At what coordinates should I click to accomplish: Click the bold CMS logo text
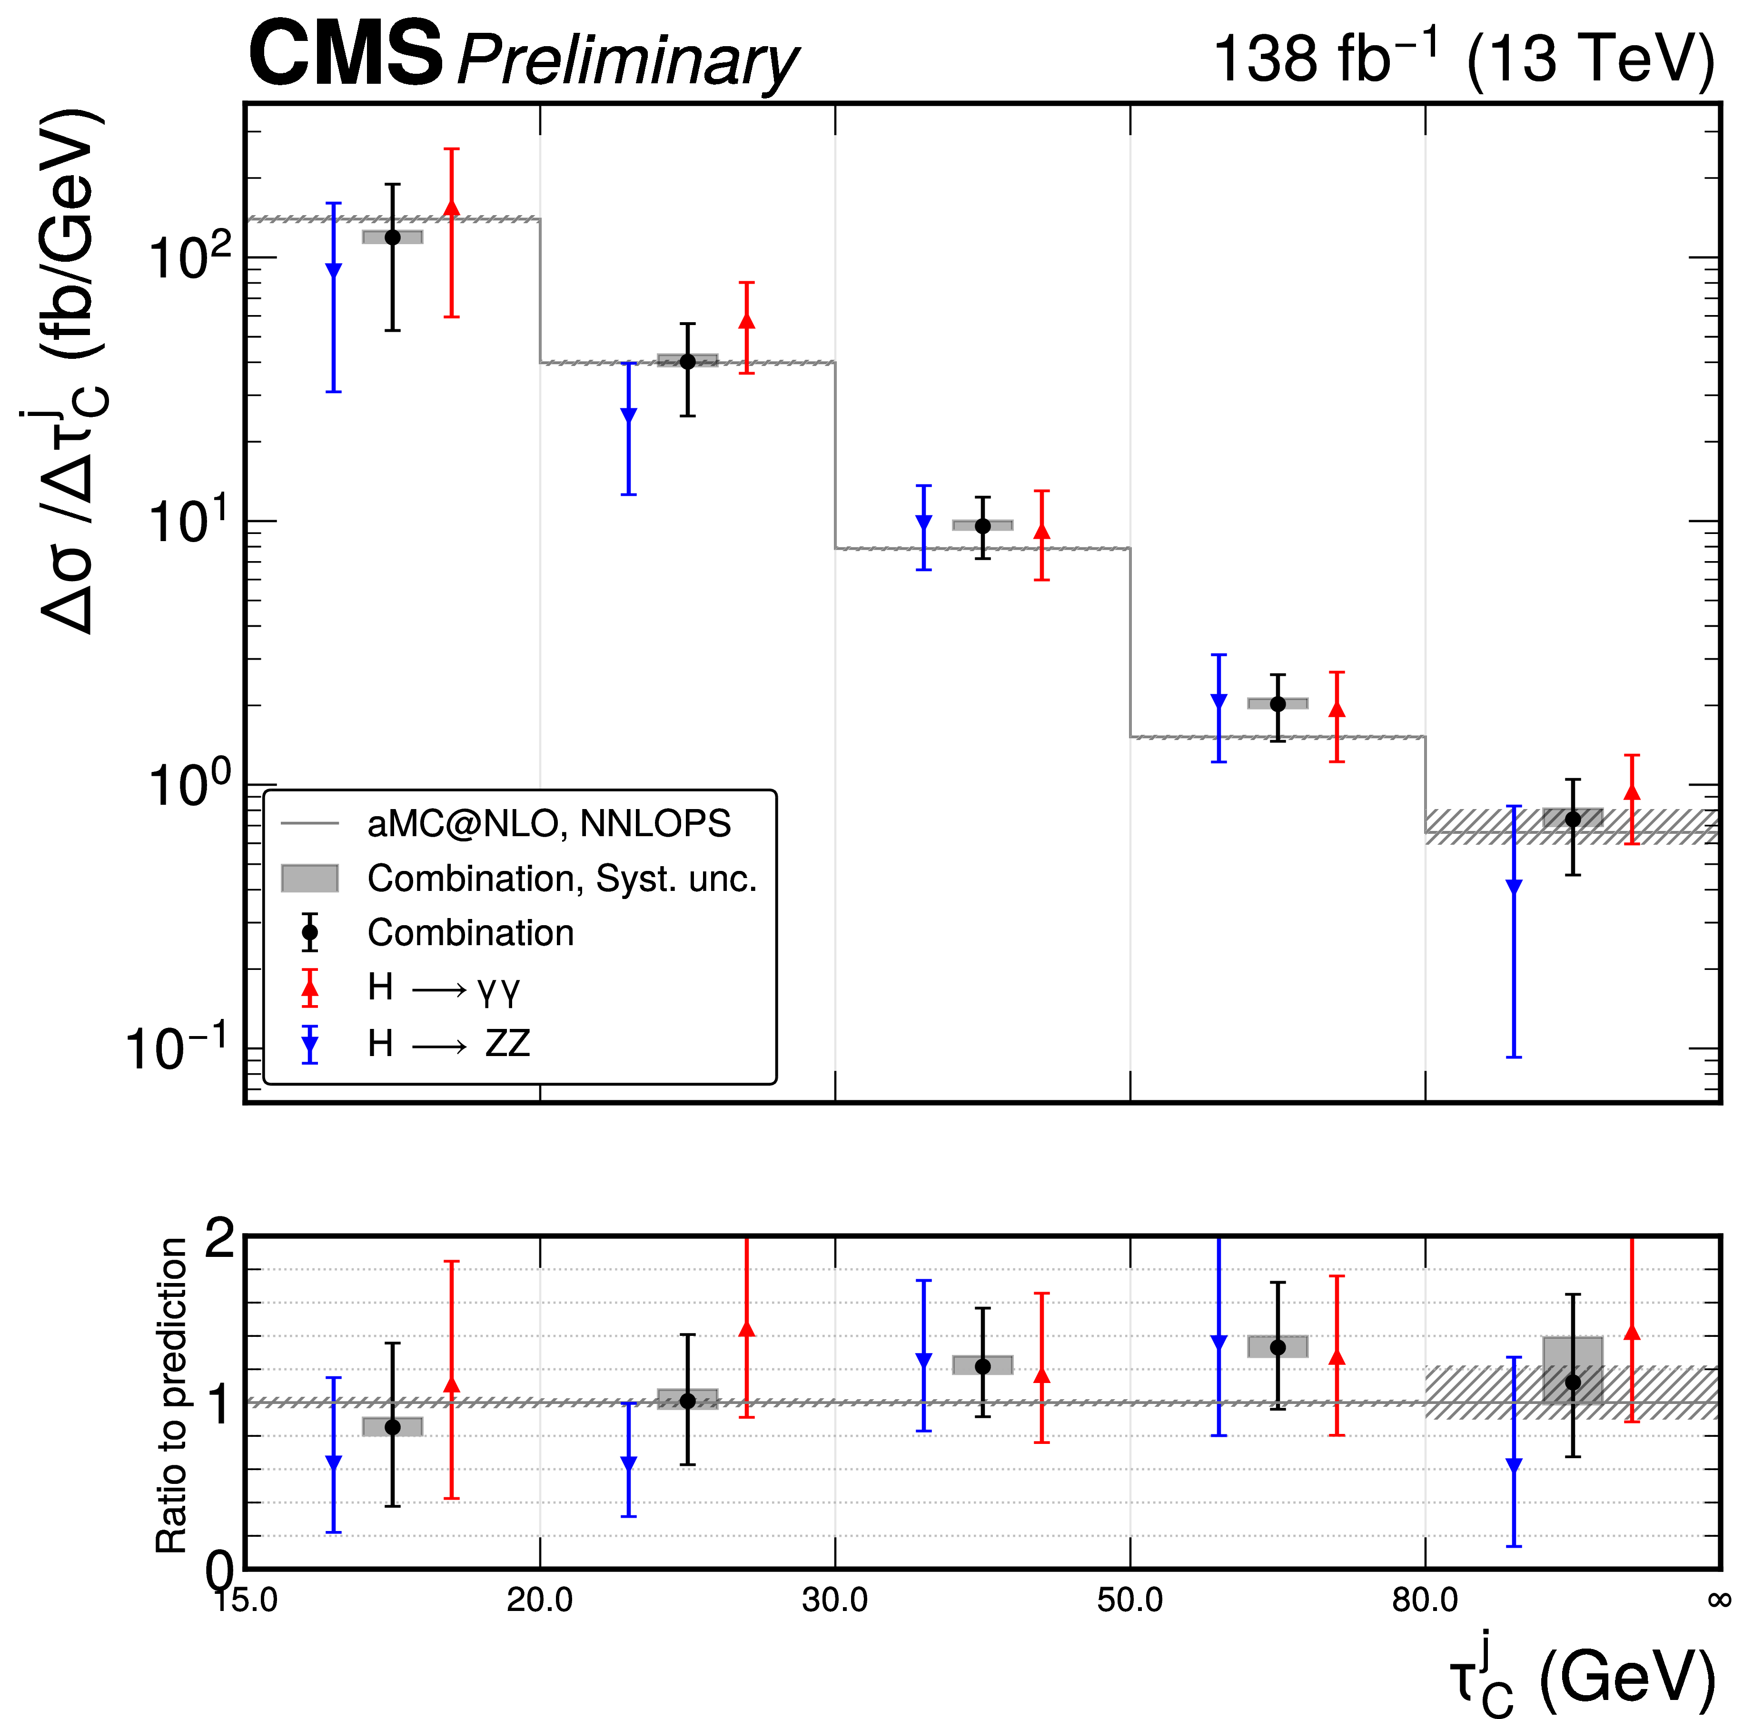346,56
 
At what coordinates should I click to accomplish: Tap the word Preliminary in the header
628,61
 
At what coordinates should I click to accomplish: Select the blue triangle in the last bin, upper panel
1514,887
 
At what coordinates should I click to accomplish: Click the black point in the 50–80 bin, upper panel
1277,704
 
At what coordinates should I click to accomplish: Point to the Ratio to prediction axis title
172,1395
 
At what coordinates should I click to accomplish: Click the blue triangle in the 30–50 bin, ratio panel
923,1361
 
